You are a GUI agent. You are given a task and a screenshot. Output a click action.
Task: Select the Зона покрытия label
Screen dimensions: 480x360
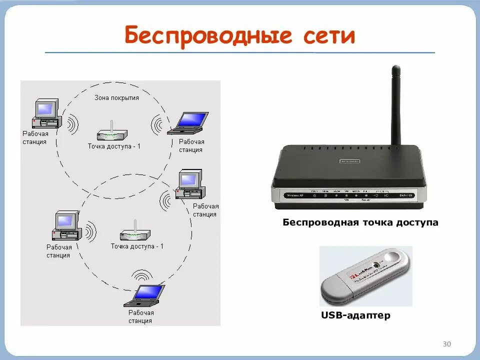[x=116, y=97]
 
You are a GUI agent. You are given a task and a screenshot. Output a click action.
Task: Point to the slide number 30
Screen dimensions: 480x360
[x=447, y=344]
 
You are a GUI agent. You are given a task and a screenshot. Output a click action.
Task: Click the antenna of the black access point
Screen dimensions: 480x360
[x=395, y=105]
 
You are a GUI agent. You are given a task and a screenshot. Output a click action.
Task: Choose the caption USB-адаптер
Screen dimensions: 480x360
[x=355, y=315]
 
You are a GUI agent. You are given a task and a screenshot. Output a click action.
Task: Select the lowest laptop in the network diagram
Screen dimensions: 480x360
[x=145, y=295]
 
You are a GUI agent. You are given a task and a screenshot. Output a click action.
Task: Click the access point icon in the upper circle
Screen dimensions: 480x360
[x=112, y=133]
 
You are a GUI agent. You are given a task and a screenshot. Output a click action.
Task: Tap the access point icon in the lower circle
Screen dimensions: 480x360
[x=135, y=233]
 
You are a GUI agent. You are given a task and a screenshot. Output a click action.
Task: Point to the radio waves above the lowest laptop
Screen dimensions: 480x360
[x=142, y=276]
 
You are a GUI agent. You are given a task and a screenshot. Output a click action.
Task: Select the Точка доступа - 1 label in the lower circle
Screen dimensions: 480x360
[x=137, y=246]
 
